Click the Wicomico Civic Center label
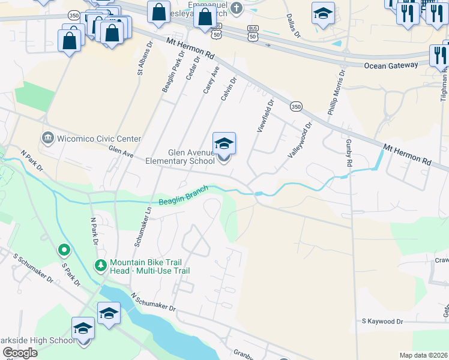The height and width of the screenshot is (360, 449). (x=99, y=139)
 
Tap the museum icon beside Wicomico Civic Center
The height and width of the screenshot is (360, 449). (x=47, y=139)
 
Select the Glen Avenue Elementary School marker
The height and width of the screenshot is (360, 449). (x=224, y=146)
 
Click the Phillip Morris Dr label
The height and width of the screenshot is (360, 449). (x=337, y=93)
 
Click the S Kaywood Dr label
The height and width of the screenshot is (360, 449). (x=382, y=322)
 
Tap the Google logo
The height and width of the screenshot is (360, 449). (x=20, y=353)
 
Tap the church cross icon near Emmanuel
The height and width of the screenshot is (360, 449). (x=237, y=8)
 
